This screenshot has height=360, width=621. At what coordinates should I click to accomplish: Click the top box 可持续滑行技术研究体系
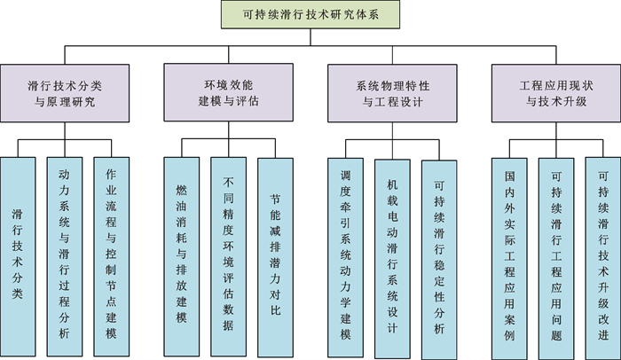(310, 15)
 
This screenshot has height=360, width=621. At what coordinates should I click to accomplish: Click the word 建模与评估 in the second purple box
(228, 101)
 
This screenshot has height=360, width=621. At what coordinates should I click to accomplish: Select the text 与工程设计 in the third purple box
(393, 101)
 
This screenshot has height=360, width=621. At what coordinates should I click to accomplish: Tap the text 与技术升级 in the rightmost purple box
(556, 101)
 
